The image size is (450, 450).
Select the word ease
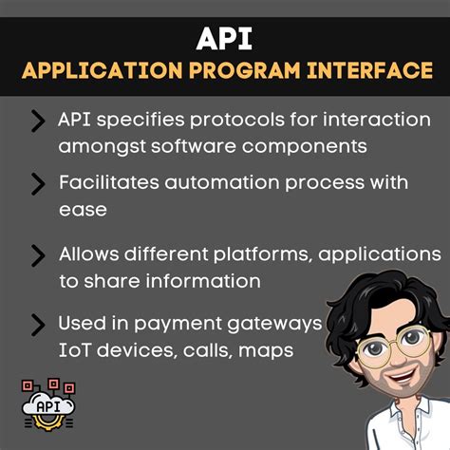point(81,208)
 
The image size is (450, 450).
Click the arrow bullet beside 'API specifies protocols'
point(38,122)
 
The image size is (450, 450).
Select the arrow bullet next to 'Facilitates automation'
point(38,182)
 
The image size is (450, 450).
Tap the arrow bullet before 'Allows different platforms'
point(38,254)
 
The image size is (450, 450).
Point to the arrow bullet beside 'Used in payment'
point(38,325)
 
